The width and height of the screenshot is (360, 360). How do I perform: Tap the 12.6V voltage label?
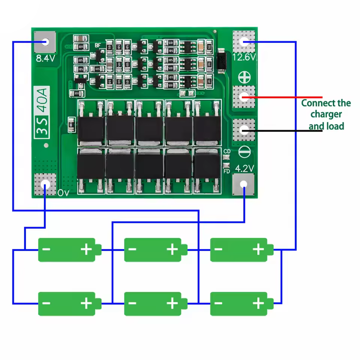coord(244,57)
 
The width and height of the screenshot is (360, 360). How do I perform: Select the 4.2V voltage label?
coord(244,168)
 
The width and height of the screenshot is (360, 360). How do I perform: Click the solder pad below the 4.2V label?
coord(244,184)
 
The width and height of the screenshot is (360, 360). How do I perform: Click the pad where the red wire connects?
coord(244,97)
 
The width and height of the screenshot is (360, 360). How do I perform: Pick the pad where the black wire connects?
coord(244,130)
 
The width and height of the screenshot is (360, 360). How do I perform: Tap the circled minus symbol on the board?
coord(244,152)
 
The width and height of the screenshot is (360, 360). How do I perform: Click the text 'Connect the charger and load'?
coord(326,114)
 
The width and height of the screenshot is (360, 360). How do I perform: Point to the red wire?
coord(285,97)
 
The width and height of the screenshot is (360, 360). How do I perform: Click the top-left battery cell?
coord(69,249)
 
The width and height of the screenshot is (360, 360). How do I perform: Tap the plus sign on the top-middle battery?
coord(172,249)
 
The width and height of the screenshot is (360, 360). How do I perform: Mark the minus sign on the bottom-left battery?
coord(47,303)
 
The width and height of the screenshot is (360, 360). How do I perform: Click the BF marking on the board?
coord(98,45)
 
